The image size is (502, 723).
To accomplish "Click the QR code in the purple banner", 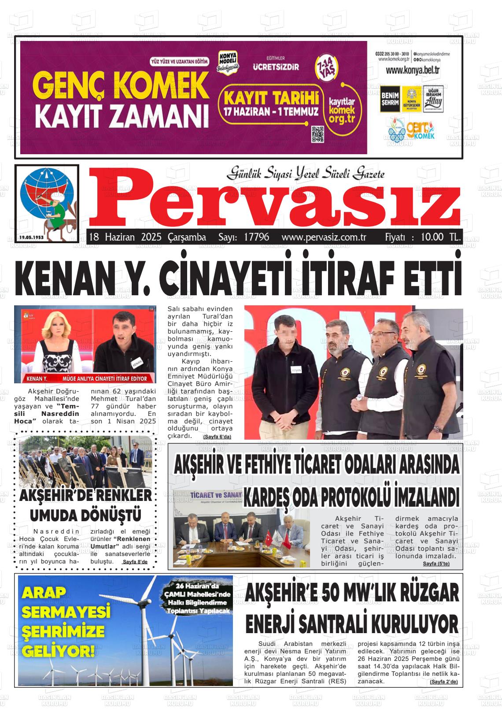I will [x=317, y=134].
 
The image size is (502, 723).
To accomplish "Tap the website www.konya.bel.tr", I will [x=413, y=70].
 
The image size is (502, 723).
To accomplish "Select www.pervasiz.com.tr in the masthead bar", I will [x=324, y=237].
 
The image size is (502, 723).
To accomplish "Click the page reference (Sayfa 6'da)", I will [x=217, y=436].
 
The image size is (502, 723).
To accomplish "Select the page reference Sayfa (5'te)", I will [x=436, y=564].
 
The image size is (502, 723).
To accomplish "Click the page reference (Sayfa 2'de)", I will [x=443, y=682].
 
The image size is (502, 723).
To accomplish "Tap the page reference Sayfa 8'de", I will [x=135, y=562].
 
